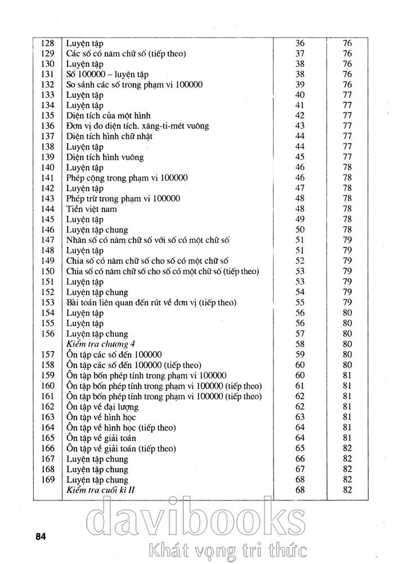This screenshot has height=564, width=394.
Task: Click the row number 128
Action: click(x=48, y=43)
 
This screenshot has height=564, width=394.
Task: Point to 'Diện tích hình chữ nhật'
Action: click(x=109, y=137)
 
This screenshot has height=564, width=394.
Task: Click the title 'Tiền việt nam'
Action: click(x=92, y=209)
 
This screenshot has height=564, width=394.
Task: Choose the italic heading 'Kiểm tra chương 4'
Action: click(x=102, y=344)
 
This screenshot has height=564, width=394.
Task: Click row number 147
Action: click(x=48, y=240)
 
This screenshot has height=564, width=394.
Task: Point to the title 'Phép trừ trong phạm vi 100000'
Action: click(x=123, y=199)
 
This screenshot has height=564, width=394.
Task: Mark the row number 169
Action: click(x=48, y=480)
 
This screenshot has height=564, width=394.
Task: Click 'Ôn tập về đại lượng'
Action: click(x=102, y=407)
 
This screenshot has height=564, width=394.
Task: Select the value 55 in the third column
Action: click(x=299, y=303)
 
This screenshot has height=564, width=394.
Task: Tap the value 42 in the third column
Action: click(x=299, y=116)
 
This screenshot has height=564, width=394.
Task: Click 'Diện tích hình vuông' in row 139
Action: click(x=105, y=157)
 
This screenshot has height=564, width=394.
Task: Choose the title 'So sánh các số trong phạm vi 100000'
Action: click(x=135, y=85)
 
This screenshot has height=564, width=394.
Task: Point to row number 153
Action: click(x=48, y=303)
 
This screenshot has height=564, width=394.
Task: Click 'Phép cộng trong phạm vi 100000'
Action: click(x=127, y=178)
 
